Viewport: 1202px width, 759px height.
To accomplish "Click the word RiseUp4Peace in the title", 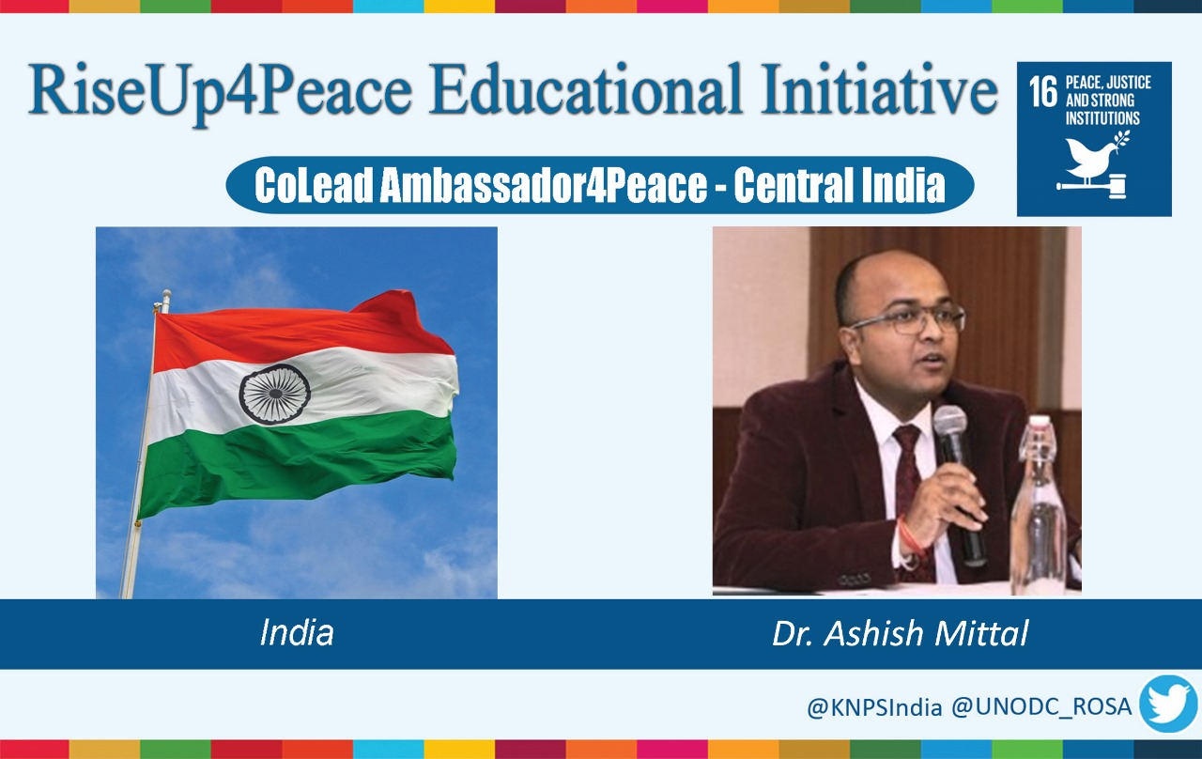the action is click(221, 92).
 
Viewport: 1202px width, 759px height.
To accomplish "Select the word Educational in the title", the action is click(586, 89).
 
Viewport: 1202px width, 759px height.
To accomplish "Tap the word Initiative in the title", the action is click(879, 89).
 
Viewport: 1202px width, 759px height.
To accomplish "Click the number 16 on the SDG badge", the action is click(1043, 91).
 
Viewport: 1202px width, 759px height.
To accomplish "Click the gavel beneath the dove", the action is click(1092, 186).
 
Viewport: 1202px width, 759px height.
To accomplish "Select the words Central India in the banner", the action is click(840, 185).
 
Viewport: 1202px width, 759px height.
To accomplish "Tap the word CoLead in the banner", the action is click(314, 185).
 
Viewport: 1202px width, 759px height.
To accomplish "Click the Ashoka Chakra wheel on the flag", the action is click(275, 394).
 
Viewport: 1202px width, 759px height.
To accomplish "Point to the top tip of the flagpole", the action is click(166, 292).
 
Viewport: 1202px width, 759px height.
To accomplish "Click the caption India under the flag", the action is click(297, 632).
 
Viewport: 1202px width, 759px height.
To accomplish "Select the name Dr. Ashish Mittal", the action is click(900, 633).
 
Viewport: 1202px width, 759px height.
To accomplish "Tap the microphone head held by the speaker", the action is click(949, 426).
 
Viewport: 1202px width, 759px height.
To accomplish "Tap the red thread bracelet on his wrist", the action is click(910, 536).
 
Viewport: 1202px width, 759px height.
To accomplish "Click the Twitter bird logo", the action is click(1169, 704).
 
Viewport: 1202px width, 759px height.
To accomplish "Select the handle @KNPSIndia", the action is click(874, 707).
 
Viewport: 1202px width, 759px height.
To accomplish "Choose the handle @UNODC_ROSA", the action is click(1041, 707).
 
